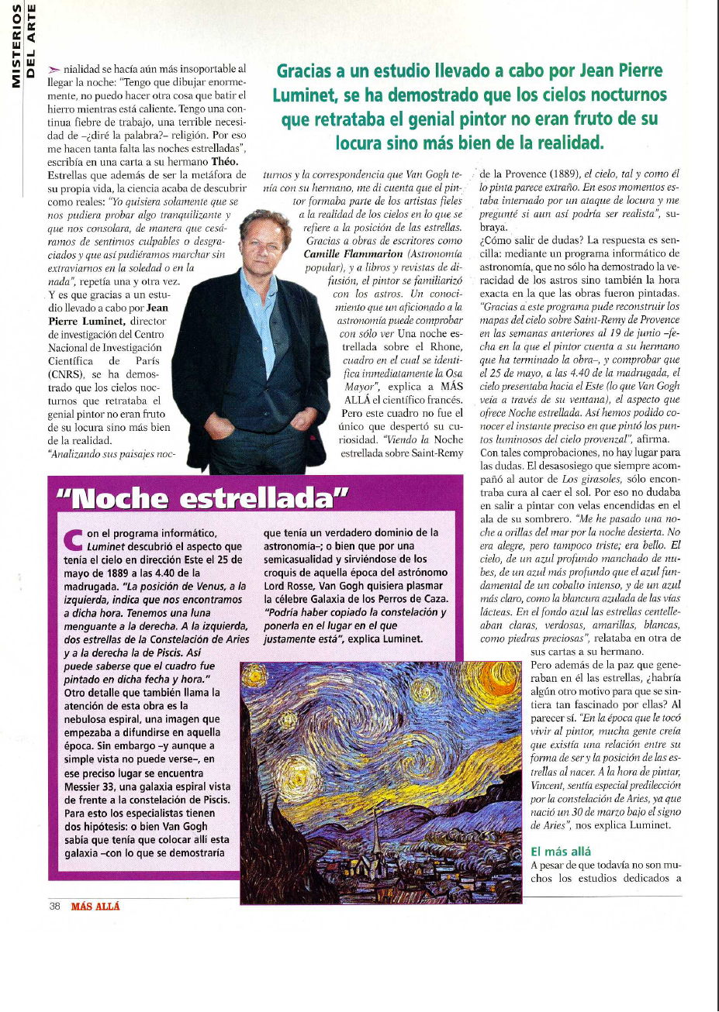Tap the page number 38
coord(55,906)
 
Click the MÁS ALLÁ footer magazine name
coord(95,906)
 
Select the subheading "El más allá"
coord(561,852)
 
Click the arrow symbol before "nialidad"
coord(54,70)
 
